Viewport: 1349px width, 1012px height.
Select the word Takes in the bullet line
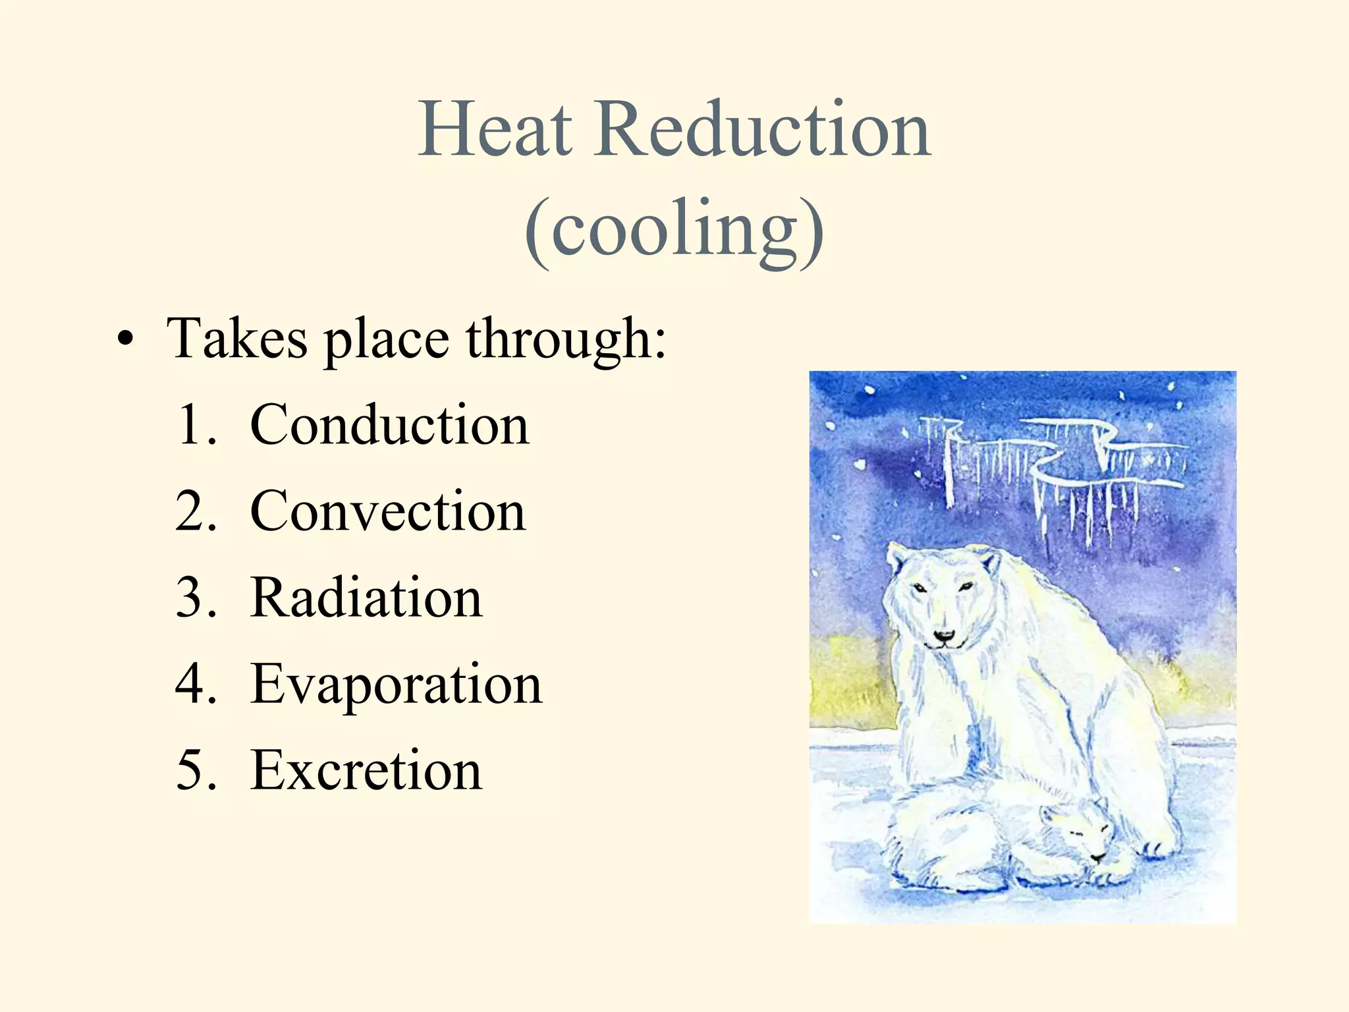pyautogui.click(x=237, y=338)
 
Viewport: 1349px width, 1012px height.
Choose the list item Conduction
pyautogui.click(x=389, y=425)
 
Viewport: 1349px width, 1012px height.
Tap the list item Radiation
pyautogui.click(x=366, y=598)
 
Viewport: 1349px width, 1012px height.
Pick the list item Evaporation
pyautogui.click(x=396, y=685)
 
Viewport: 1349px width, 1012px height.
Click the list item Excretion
pyautogui.click(x=366, y=770)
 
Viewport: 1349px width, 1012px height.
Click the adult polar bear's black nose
pyautogui.click(x=944, y=636)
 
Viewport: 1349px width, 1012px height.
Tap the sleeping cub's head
pyautogui.click(x=1080, y=833)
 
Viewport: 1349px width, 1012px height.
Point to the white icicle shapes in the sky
pyautogui.click(x=1054, y=468)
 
